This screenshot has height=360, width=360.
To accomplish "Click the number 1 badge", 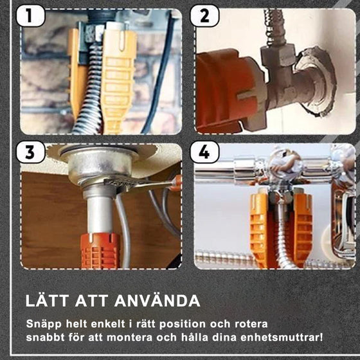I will [31, 15].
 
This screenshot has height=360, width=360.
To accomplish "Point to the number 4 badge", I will [204, 152].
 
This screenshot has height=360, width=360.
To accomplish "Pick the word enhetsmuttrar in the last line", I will [282, 337].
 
